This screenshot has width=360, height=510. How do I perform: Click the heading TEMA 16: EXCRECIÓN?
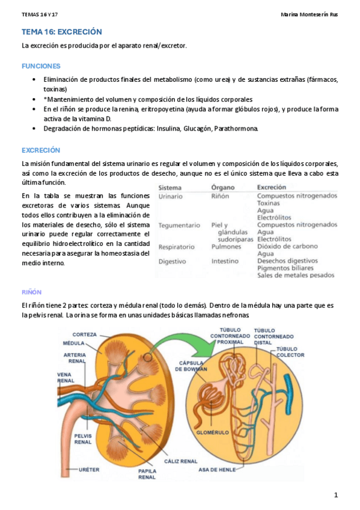pos(61,32)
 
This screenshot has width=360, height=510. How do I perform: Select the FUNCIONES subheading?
pos(41,66)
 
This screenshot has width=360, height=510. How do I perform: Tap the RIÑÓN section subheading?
pos(31,292)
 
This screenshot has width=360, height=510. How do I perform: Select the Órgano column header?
pos(223,187)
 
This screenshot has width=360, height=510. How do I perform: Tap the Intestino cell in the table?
pos(226,262)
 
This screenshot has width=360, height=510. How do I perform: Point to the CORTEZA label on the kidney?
pos(85,334)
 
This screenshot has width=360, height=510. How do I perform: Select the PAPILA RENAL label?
pos(147,474)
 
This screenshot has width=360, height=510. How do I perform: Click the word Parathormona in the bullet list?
pos(236,129)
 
